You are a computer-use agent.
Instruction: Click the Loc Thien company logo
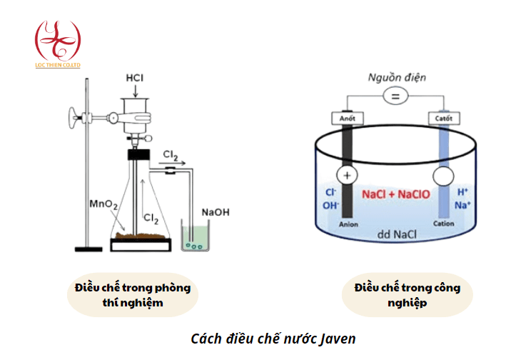(x=58, y=42)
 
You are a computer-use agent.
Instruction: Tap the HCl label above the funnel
(x=135, y=76)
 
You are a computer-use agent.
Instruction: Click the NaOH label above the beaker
(x=216, y=212)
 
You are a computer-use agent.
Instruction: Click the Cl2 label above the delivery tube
(x=171, y=154)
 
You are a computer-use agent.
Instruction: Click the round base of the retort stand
(x=89, y=249)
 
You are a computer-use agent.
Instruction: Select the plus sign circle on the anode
(x=348, y=176)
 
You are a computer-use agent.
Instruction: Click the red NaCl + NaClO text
(x=395, y=194)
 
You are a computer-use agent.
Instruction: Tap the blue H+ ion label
(x=462, y=191)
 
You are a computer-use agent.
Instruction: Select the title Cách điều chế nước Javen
(x=273, y=338)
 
